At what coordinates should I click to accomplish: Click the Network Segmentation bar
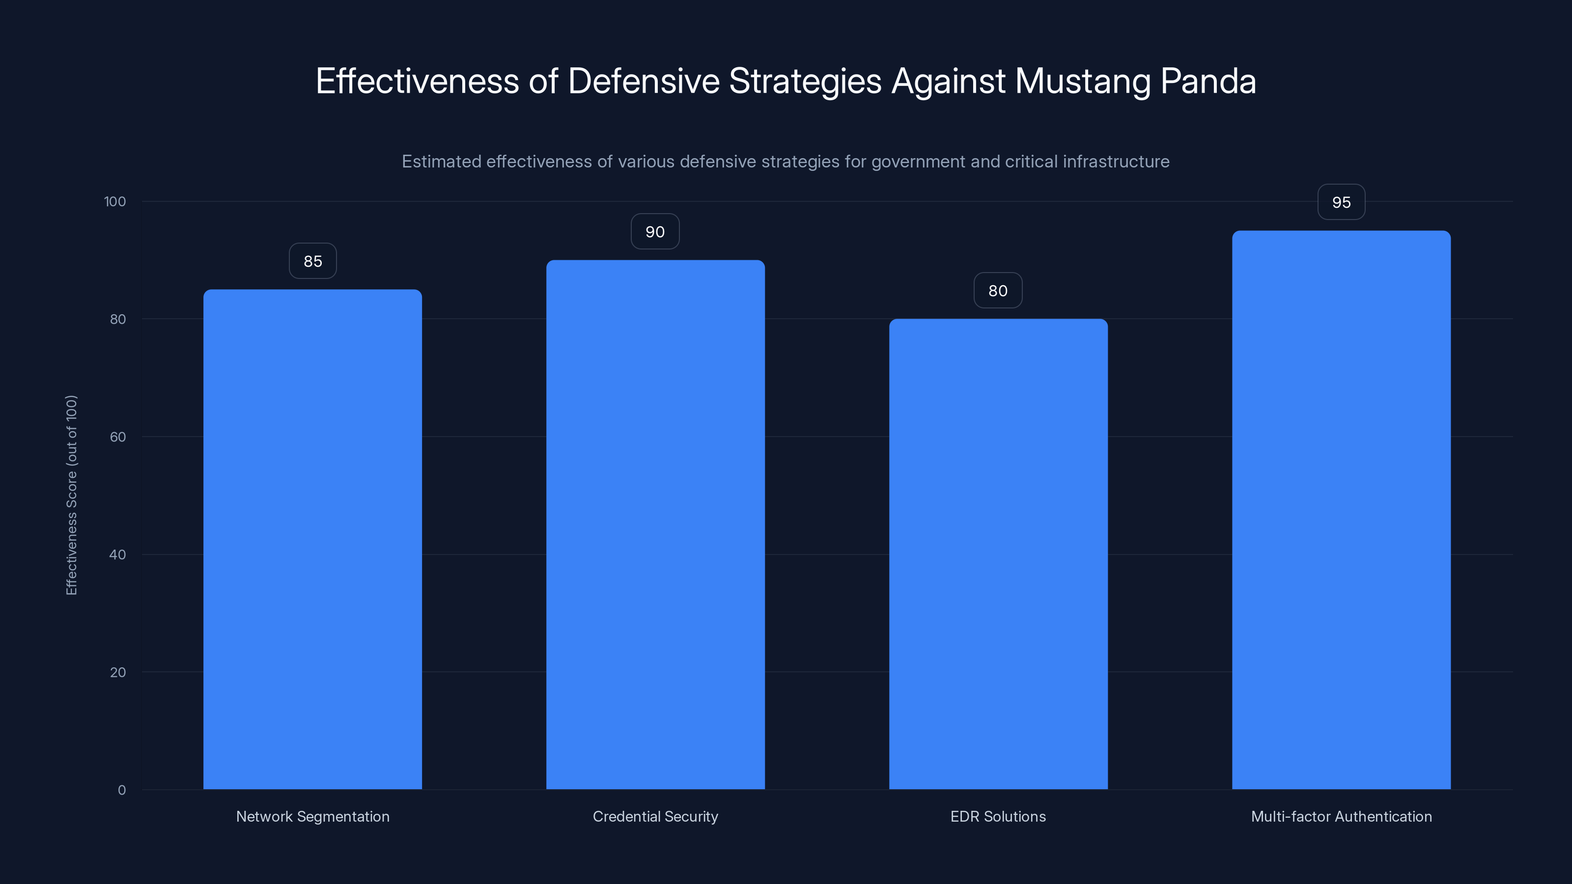click(x=312, y=539)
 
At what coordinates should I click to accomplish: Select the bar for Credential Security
click(x=655, y=525)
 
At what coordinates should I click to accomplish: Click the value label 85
click(x=312, y=261)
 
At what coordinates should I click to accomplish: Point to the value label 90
click(x=655, y=232)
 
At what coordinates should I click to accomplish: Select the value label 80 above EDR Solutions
click(x=998, y=291)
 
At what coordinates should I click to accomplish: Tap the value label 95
click(x=1341, y=202)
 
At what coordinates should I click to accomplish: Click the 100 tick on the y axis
click(x=115, y=201)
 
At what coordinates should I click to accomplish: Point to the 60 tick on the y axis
click(x=118, y=437)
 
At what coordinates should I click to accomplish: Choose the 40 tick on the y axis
click(x=118, y=554)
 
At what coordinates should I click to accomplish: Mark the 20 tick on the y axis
click(x=118, y=672)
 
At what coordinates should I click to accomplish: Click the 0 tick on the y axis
click(x=122, y=790)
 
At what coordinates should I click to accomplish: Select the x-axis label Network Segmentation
click(x=312, y=816)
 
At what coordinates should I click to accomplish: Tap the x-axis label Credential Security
click(x=655, y=816)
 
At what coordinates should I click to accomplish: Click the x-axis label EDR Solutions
click(x=998, y=816)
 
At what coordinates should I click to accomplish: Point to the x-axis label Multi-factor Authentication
click(x=1341, y=816)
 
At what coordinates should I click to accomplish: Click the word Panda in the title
click(x=1207, y=81)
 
